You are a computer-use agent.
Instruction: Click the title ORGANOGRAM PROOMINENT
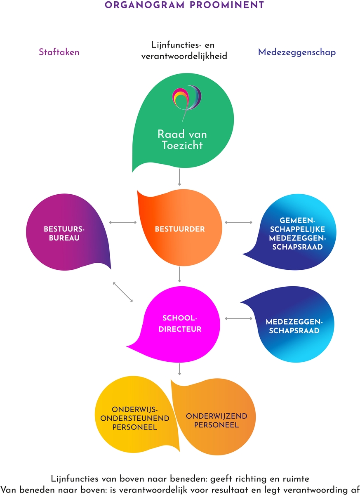184,5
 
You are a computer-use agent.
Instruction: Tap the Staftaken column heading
59,52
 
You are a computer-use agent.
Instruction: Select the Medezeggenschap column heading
296,52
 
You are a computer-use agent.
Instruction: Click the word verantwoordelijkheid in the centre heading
184,57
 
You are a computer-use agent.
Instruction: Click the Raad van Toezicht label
182,139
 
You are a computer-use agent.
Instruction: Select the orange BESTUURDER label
180,229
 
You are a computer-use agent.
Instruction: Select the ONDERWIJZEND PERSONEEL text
216,420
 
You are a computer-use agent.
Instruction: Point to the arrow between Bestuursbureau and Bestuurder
122,223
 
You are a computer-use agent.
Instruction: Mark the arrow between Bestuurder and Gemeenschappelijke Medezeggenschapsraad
238,223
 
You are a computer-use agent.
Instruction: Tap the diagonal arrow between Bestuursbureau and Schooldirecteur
123,292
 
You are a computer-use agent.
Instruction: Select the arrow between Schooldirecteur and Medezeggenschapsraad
238,318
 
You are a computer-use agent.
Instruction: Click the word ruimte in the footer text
294,479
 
